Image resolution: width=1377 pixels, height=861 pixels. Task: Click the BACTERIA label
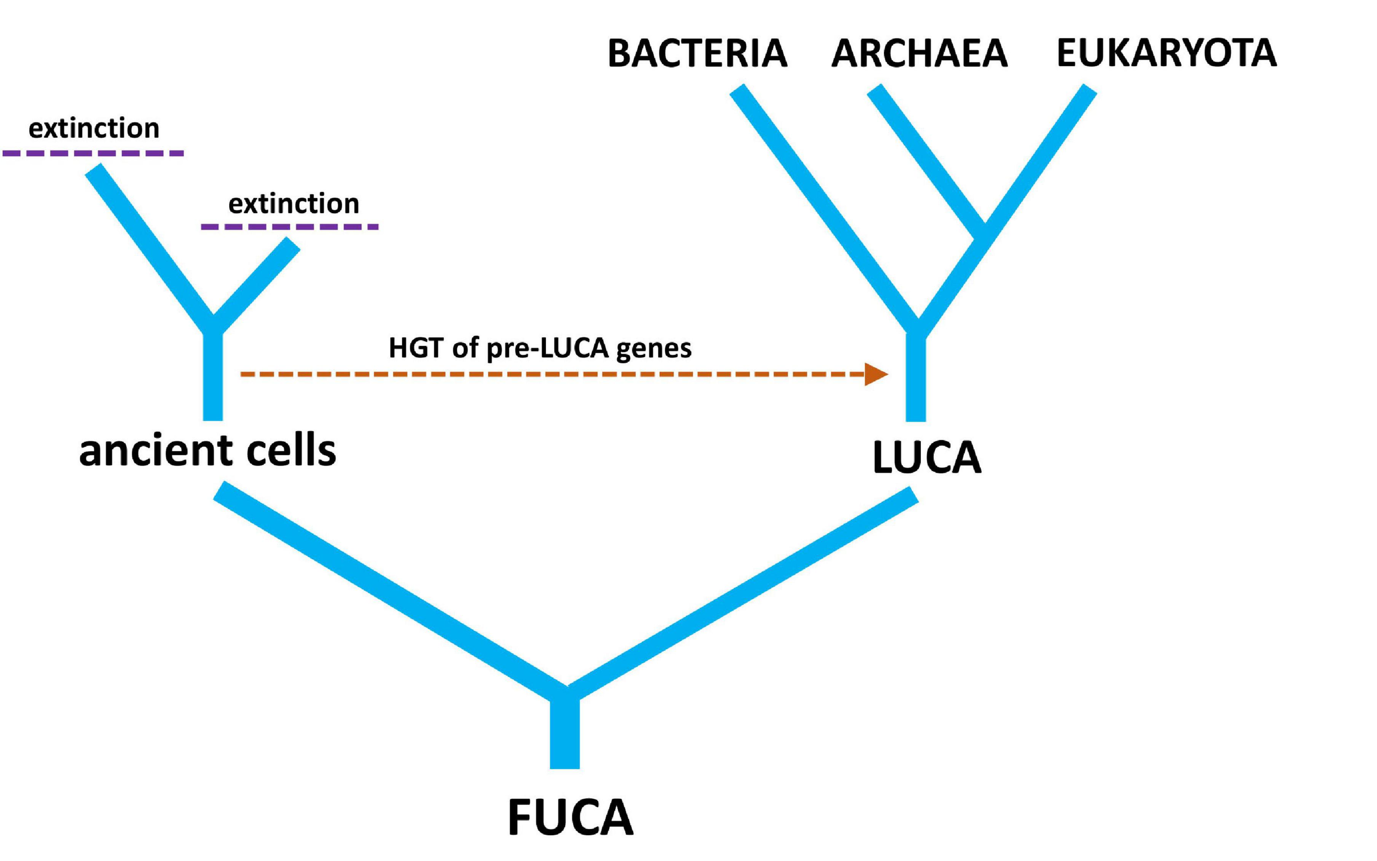coord(697,53)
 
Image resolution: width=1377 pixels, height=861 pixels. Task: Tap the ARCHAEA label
coord(919,53)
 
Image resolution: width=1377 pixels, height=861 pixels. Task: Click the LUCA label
coord(927,457)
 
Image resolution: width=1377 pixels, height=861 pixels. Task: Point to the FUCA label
coord(570,817)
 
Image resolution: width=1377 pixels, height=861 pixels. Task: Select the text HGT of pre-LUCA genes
coord(540,348)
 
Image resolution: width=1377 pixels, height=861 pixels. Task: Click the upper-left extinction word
coord(94,128)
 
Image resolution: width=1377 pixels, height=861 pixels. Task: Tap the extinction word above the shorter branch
coord(294,204)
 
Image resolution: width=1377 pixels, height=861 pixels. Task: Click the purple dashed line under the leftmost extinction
coord(93,153)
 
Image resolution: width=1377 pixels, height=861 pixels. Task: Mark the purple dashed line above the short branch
coord(290,226)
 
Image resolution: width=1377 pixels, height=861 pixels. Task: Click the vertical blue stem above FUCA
coord(565,735)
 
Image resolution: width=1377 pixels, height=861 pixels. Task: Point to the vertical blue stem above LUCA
coord(915,378)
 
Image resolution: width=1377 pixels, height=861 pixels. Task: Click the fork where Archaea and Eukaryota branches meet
coord(983,231)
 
